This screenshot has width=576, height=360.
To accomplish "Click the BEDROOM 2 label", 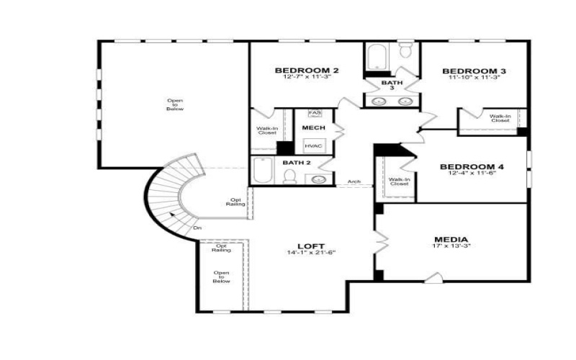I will click(307, 71).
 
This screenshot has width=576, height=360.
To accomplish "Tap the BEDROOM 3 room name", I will click(474, 71).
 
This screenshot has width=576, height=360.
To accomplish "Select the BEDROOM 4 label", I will click(472, 166).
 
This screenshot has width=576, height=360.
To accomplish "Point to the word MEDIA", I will click(451, 239).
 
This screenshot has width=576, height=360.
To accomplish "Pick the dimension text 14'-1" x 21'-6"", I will click(312, 253).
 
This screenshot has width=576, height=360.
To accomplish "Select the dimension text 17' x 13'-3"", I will click(451, 247).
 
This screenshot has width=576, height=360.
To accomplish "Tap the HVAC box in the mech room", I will click(313, 146).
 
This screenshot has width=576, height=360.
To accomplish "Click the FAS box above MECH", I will click(315, 114).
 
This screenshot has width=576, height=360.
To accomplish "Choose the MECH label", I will click(313, 128).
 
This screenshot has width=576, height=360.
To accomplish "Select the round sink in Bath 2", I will click(323, 177).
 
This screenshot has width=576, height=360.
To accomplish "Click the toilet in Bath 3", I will click(405, 49).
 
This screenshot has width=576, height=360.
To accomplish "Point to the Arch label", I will click(354, 181).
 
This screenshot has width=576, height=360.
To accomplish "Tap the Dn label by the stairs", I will click(197, 228).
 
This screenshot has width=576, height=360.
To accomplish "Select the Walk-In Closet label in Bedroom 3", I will click(500, 119).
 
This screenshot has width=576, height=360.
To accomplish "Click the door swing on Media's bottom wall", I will click(432, 277).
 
